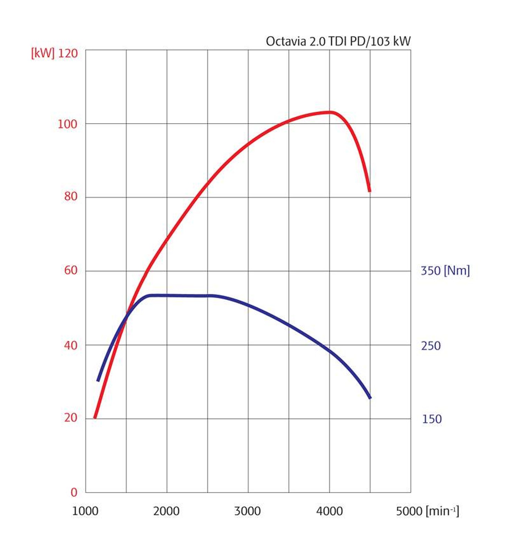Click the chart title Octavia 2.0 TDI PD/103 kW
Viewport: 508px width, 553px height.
click(x=338, y=41)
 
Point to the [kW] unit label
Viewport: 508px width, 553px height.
click(x=43, y=53)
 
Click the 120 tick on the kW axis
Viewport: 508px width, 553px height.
click(x=68, y=53)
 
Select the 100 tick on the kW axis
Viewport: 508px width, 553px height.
click(x=67, y=124)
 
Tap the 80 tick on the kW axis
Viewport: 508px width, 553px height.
click(x=71, y=196)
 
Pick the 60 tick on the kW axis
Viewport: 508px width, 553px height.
click(x=71, y=270)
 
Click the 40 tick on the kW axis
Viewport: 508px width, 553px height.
click(x=71, y=345)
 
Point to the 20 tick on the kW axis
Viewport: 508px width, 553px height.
click(x=71, y=418)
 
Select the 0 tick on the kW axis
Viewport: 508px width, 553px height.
click(x=74, y=492)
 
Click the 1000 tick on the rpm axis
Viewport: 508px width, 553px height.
click(x=85, y=511)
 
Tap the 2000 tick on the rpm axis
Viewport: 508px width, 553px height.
click(x=166, y=511)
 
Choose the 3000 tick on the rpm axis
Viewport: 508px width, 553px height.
click(x=247, y=511)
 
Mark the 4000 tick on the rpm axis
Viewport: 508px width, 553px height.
click(x=329, y=511)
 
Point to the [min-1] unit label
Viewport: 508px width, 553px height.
click(x=443, y=510)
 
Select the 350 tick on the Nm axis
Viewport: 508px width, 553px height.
click(x=430, y=271)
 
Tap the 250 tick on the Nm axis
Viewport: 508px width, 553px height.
click(x=431, y=346)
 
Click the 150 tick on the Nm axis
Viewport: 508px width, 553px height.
click(x=432, y=419)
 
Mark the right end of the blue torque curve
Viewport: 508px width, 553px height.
click(x=370, y=397)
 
